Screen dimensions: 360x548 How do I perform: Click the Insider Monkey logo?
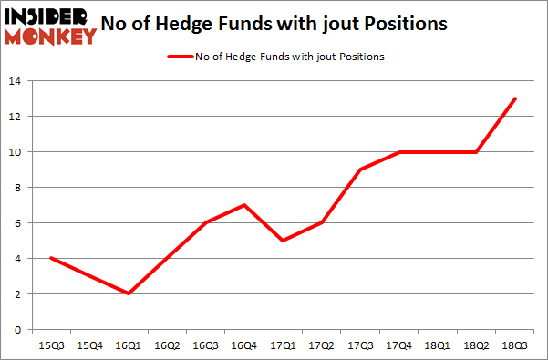(50, 25)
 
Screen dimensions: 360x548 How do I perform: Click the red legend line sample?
(178, 57)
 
